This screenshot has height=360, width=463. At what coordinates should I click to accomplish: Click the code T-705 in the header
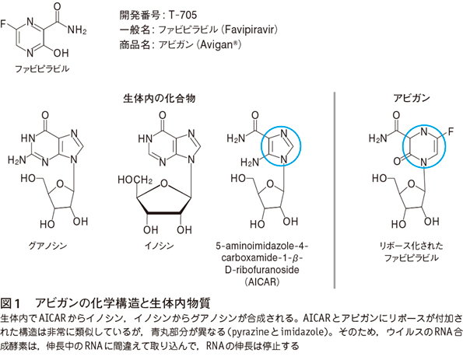pos(183,15)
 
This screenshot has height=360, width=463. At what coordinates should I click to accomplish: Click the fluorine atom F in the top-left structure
pos(3,23)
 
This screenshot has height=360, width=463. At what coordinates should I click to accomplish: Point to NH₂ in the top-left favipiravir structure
pos(77,30)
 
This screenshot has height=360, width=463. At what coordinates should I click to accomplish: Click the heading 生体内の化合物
pos(160,98)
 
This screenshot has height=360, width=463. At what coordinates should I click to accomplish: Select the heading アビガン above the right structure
pos(412,98)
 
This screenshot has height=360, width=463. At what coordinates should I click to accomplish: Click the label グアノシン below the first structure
pos(47,246)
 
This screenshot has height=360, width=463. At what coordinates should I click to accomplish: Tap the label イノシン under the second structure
pos(160,246)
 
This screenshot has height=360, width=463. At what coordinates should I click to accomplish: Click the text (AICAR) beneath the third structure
pos(262,281)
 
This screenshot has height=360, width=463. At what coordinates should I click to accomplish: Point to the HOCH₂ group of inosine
pos(135,180)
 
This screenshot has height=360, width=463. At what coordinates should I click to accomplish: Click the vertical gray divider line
pos(335,190)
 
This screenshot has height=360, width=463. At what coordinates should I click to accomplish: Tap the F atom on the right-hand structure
pos(451,131)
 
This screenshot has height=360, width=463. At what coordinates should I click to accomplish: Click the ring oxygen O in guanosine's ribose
pos(60,184)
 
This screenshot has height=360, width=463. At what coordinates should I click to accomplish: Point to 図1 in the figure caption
pos(10,303)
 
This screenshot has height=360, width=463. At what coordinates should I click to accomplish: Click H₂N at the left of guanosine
pos(17,160)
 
